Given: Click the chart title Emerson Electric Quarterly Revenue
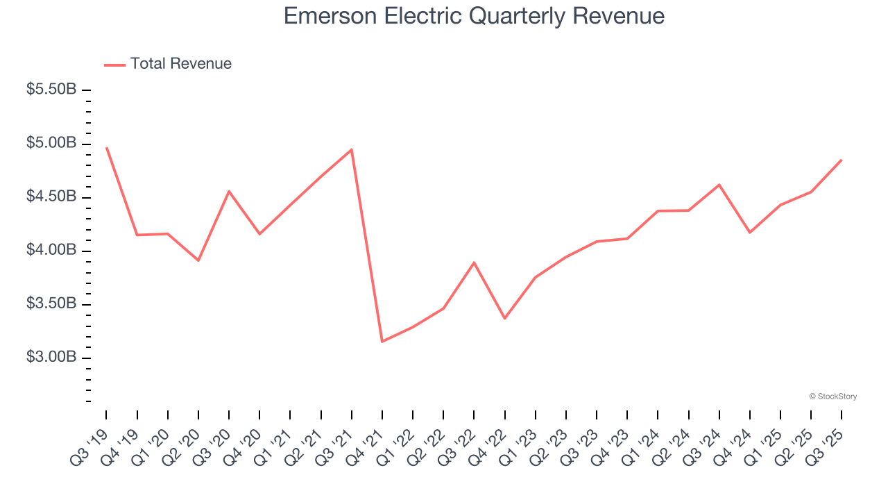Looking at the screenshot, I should [474, 17].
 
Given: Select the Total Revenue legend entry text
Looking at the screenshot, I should [180, 64].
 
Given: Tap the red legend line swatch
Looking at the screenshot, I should [114, 65].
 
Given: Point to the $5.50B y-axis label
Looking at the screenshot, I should [51, 90].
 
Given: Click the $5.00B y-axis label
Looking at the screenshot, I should [51, 143].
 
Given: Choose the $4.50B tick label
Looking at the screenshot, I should [51, 197].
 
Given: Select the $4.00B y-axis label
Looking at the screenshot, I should [51, 250].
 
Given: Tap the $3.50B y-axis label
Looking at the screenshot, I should [51, 303].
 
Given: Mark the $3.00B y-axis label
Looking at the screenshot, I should [51, 357].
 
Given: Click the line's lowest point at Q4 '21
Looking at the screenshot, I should [382, 341].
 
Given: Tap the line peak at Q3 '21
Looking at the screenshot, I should [352, 149].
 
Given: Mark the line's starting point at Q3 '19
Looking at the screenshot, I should [107, 148].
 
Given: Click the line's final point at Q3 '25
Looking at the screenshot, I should [841, 160].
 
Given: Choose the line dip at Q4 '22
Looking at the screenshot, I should [504, 318].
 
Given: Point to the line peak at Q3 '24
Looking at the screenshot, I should [719, 185].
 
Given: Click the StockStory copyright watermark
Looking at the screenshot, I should [832, 397].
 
